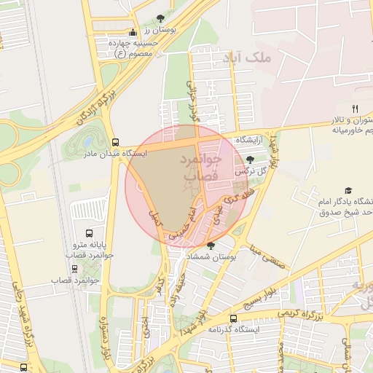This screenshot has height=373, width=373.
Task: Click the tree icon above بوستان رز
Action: (x=160, y=17)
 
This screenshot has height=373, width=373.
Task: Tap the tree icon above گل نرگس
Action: (x=251, y=159)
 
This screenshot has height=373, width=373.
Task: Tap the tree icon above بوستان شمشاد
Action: (x=211, y=246)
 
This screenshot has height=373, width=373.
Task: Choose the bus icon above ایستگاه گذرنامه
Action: (x=233, y=318)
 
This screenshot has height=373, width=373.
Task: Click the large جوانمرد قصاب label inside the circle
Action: (x=193, y=168)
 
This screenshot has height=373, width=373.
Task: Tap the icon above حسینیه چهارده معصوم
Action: (x=132, y=33)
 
